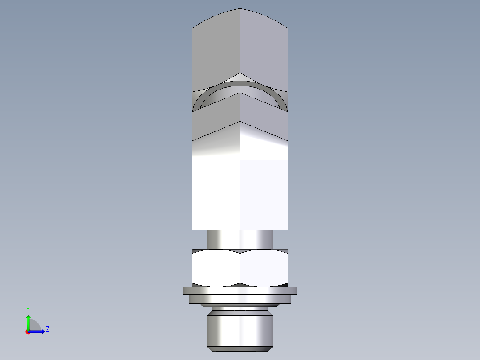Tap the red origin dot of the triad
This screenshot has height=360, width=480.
click(x=28, y=332)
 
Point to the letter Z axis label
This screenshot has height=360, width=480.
click(x=47, y=329)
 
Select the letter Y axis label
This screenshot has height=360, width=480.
click(x=28, y=310)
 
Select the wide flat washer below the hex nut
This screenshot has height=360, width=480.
click(x=240, y=291)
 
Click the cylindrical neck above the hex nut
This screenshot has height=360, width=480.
click(x=240, y=239)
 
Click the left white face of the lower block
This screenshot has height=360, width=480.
click(x=216, y=195)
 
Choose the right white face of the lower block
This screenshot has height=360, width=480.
click(x=264, y=195)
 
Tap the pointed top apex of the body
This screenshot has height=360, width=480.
click(x=240, y=9)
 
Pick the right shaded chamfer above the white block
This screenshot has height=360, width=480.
click(x=264, y=145)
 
